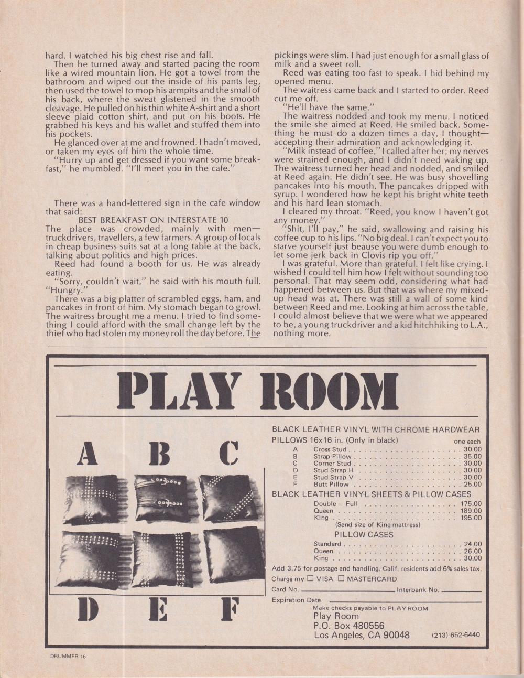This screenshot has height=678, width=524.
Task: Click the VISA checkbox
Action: tap(310, 579)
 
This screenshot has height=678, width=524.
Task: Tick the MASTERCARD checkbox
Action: tap(341, 579)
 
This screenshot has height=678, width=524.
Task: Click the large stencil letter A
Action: tap(87, 454)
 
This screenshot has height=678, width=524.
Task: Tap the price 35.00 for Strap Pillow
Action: tap(472, 457)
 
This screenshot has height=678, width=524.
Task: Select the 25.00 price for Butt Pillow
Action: tap(472, 484)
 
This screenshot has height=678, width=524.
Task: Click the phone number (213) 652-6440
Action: tap(455, 635)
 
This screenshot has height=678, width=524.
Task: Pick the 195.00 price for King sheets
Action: tap(470, 518)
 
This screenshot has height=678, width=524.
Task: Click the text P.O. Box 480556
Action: tap(348, 626)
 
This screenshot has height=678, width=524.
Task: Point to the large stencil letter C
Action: tap(229, 454)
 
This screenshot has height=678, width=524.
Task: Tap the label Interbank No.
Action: tap(418, 590)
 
